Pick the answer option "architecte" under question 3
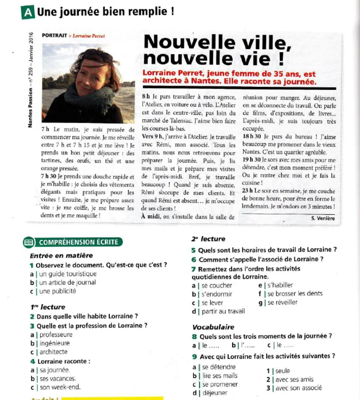[x=54, y=352]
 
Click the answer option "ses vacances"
[x=58, y=378]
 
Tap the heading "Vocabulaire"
[x=213, y=327]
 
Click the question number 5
[x=193, y=250]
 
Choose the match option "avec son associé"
[x=298, y=387]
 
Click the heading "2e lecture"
[x=208, y=239]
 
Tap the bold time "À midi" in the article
[x=152, y=217]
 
